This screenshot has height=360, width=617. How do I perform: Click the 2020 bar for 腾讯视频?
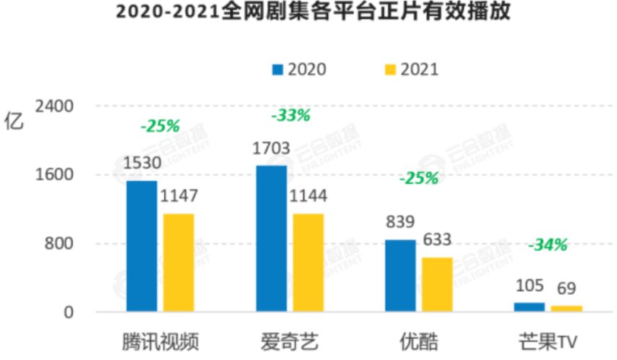[141, 247]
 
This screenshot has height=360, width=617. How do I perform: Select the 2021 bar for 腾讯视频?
[179, 263]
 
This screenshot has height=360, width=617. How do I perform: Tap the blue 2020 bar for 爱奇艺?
[271, 239]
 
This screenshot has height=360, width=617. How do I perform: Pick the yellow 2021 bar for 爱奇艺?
[309, 263]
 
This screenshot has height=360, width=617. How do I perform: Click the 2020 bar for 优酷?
[400, 276]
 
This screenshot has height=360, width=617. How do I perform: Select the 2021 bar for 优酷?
[437, 285]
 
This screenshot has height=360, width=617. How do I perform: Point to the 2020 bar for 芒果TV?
[529, 307]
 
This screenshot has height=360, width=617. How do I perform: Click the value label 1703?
[271, 149]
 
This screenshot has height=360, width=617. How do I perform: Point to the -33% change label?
[290, 115]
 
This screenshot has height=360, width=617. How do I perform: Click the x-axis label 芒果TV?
[548, 340]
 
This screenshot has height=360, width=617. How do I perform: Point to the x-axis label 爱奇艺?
[289, 340]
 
